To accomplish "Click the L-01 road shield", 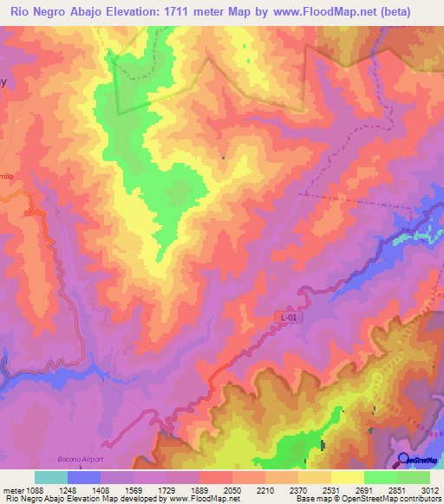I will click(290, 318).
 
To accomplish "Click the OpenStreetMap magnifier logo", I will click(403, 459).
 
